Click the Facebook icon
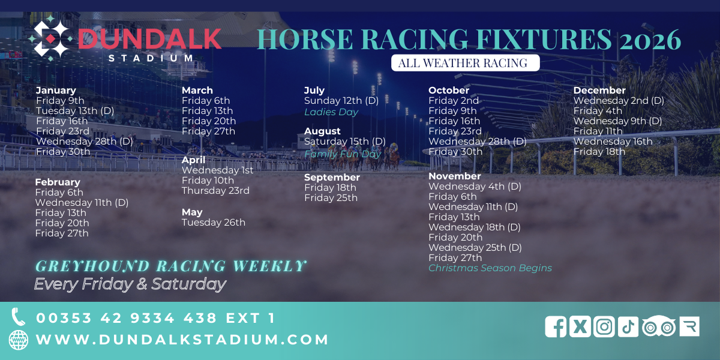click(x=556, y=326)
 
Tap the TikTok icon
click(x=628, y=326)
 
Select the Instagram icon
click(x=604, y=326)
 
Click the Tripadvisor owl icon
click(x=659, y=326)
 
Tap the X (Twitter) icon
click(x=580, y=326)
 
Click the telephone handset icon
click(x=18, y=317)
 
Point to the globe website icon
click(x=19, y=340)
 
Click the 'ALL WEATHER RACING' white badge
click(x=465, y=62)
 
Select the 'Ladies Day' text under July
click(x=331, y=112)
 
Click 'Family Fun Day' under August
click(x=343, y=154)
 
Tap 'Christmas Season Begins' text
click(x=490, y=268)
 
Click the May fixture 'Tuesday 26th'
click(x=214, y=222)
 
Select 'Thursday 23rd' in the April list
click(x=215, y=190)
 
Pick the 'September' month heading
click(x=332, y=177)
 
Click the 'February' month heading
click(x=58, y=182)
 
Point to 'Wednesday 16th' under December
click(x=613, y=141)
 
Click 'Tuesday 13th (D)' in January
click(x=75, y=110)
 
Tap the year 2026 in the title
click(x=650, y=40)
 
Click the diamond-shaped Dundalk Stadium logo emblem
click(x=50, y=38)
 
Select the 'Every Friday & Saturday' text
click(x=130, y=284)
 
